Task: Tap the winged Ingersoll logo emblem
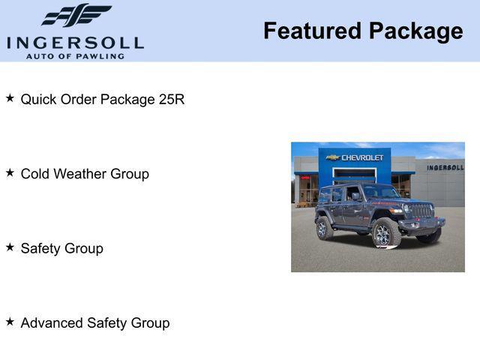76,16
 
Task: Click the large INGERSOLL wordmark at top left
75,42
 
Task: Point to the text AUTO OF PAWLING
75,56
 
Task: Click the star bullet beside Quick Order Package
10,98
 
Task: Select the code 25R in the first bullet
172,99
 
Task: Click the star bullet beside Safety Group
10,247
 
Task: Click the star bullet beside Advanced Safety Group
10,321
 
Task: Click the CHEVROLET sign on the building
362,157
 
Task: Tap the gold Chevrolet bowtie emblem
333,157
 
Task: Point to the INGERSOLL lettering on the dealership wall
445,167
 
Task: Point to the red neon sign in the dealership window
305,178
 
